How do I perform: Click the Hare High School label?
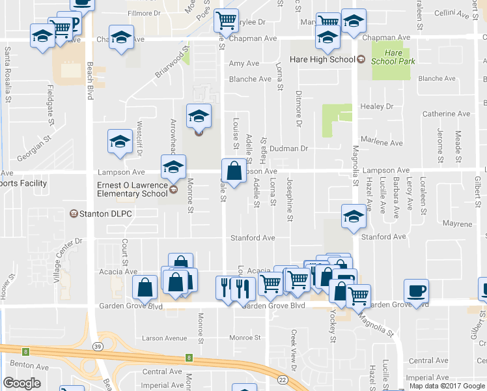tap(324, 60)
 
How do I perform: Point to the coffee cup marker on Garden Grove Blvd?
tap(416, 291)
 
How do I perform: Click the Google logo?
tap(21, 383)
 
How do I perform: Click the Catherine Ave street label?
tap(446, 114)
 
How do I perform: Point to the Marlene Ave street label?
tap(387, 143)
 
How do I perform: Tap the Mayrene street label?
tap(457, 224)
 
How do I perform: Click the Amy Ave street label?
tap(244, 64)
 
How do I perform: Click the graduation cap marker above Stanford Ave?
tap(353, 217)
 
